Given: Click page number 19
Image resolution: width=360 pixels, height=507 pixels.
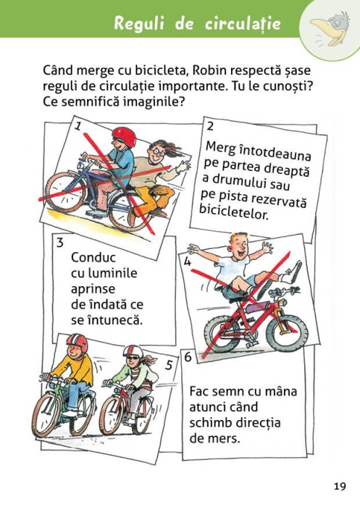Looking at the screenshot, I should click(340, 485).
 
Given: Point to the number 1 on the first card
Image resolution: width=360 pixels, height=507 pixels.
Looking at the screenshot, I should click(78, 127).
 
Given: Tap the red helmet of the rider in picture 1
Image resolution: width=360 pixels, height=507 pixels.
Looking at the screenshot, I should click(125, 137).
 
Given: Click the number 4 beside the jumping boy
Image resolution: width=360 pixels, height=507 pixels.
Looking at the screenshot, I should click(188, 262).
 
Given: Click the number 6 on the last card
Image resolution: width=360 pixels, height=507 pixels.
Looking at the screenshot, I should click(188, 357).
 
